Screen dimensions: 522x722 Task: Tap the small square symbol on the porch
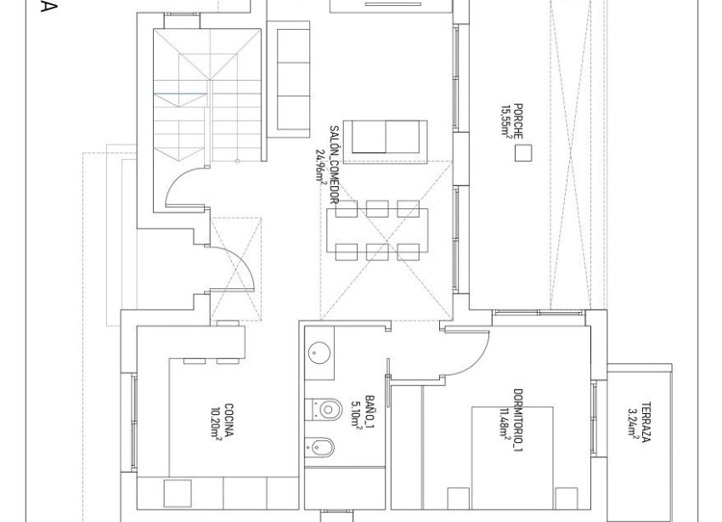point(524,153)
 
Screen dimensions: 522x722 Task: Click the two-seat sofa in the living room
point(387,137)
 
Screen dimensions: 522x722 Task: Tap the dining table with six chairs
point(378,230)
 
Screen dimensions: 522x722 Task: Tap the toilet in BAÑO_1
point(322,408)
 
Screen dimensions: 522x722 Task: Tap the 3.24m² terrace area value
point(633,423)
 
